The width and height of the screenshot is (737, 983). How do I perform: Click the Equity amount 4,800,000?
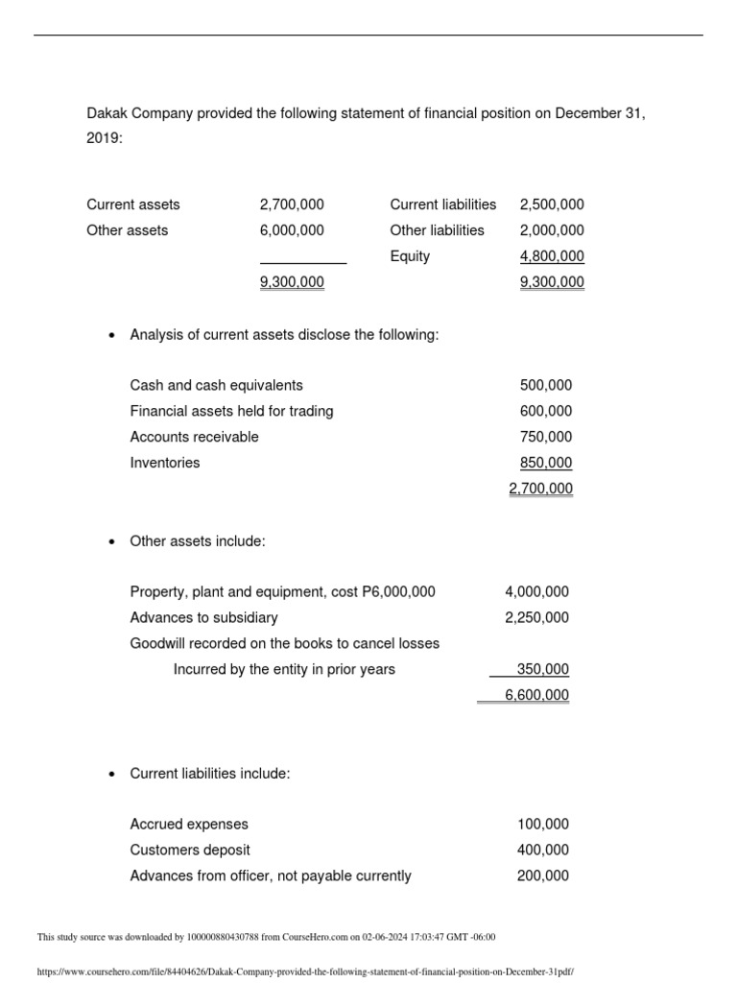551,256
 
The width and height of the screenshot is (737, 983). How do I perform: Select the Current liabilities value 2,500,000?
551,204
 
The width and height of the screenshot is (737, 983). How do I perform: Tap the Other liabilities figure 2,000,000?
551,230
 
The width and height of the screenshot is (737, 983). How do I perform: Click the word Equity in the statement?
410,256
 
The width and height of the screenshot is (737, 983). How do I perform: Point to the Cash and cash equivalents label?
216,385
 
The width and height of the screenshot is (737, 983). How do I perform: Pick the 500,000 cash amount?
545,385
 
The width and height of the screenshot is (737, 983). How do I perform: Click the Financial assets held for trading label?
231,411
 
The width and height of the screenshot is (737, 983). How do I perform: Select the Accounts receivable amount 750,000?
545,437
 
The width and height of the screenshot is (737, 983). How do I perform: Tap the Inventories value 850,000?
545,463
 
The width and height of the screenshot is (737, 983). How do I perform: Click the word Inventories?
165,463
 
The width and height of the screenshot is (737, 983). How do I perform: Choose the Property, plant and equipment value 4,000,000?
536,591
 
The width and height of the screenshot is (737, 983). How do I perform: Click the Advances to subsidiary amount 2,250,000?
536,617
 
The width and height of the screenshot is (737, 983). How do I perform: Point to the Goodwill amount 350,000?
542,669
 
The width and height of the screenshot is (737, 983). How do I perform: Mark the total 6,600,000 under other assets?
536,695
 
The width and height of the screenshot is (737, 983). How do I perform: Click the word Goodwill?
157,643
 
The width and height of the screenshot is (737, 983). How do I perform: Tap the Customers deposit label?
190,850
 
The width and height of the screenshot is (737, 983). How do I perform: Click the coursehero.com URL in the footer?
304,971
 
